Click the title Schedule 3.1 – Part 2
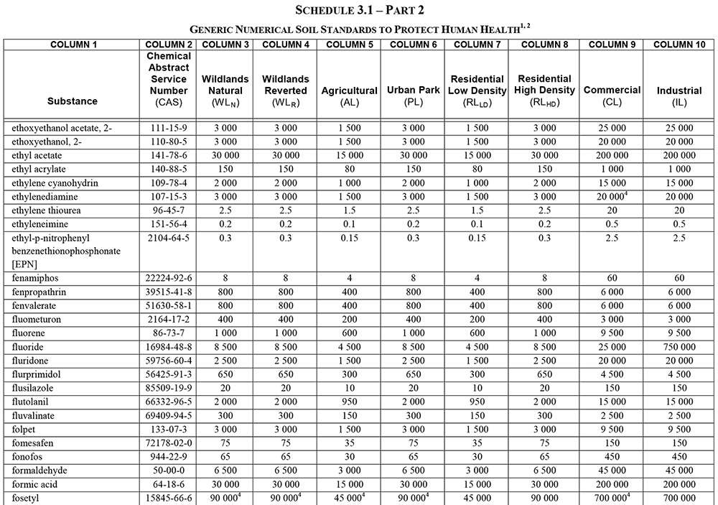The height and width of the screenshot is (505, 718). (x=359, y=9)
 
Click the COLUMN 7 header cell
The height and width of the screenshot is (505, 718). (x=473, y=45)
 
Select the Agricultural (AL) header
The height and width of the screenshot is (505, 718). (x=349, y=96)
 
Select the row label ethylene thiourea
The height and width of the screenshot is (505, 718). (x=47, y=210)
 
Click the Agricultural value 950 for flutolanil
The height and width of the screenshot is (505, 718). (x=349, y=401)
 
